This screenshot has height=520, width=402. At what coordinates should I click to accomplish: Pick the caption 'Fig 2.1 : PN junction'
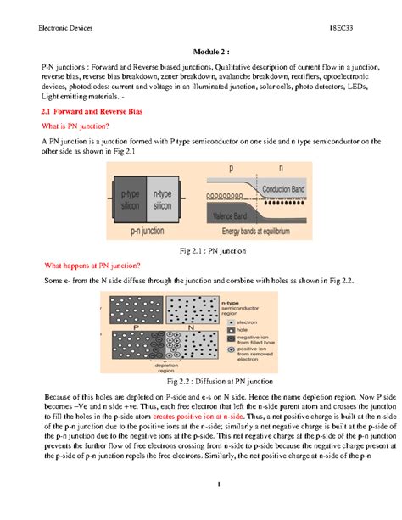click(x=201, y=251)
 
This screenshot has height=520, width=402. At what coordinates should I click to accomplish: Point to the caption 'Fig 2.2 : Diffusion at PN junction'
click(x=201, y=382)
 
